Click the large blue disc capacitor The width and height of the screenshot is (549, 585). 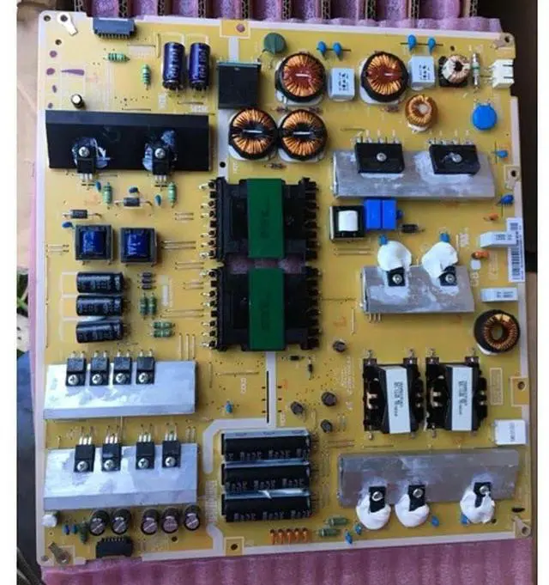click(x=484, y=117)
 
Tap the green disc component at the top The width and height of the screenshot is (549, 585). click(x=274, y=43)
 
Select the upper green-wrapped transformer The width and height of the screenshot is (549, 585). click(x=266, y=219)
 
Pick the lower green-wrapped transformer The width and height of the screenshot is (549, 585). click(x=266, y=307)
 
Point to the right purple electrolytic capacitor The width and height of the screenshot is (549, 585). click(x=200, y=64)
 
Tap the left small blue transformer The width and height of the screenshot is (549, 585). click(x=94, y=244)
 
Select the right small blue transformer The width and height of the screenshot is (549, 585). click(x=139, y=245)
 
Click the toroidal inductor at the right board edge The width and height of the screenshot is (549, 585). click(x=497, y=331)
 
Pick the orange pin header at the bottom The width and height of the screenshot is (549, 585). click(x=290, y=537)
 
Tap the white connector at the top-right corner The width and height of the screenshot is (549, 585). click(x=501, y=73)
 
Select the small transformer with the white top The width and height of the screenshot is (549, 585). click(x=347, y=222)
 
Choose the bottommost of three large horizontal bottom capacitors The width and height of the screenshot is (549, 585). click(x=266, y=504)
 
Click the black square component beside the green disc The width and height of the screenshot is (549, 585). click(x=239, y=84)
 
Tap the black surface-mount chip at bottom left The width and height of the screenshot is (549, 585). click(x=113, y=546)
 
